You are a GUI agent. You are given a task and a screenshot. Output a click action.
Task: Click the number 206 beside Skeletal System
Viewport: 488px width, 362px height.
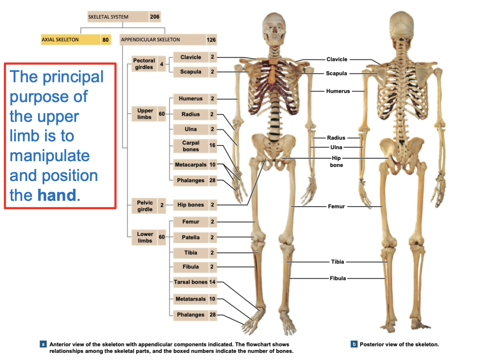pos(155,17)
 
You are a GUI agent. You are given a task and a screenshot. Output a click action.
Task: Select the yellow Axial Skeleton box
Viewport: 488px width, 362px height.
pos(70,40)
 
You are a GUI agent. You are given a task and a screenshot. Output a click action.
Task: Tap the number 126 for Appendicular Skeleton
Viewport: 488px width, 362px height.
pos(211,40)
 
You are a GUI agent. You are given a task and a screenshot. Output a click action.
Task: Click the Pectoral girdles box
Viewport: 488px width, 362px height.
pos(144,64)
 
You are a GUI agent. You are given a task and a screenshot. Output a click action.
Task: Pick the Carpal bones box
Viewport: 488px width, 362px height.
pos(190,146)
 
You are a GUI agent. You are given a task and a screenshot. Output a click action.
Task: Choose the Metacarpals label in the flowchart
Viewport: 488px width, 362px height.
pos(190,165)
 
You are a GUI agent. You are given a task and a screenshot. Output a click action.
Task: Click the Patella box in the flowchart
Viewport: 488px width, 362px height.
pos(190,237)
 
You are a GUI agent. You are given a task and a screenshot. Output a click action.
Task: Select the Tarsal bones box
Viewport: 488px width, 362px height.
pos(190,282)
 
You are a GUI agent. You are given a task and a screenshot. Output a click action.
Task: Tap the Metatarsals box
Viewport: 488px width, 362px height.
pos(190,299)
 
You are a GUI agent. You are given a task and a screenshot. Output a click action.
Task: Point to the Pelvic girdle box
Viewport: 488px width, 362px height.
pos(145,206)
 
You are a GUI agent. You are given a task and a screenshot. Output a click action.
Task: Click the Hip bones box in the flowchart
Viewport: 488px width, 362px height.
pos(190,205)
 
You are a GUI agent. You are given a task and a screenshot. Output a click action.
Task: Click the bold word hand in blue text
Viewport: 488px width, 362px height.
pos(56,195)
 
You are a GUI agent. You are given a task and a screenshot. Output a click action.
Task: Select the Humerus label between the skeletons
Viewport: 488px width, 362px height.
pos(338,91)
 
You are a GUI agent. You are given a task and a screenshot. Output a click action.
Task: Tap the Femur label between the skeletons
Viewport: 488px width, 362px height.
pos(336,206)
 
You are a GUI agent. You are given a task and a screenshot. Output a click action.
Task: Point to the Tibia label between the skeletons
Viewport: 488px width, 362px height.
pos(337,262)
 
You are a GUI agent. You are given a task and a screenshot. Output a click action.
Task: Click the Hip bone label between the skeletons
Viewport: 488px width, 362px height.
pos(336,162)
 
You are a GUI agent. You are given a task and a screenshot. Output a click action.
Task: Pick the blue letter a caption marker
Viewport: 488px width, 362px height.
pos(42,344)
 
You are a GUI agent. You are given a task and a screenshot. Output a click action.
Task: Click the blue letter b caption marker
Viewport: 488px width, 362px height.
pos(354,344)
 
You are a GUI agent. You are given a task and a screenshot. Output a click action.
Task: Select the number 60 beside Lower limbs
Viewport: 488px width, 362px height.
pos(162,237)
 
